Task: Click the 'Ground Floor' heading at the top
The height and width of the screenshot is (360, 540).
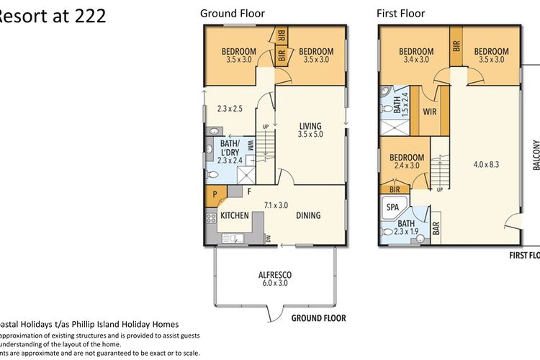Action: [x=232, y=13]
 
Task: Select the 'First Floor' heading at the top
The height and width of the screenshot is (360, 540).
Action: [x=401, y=13]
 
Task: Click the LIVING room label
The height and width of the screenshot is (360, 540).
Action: [x=310, y=127]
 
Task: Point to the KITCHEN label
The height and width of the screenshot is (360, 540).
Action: [x=235, y=215]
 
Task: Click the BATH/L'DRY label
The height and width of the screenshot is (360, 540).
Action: [x=228, y=145]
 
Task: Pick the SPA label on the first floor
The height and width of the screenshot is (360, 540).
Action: [x=393, y=207]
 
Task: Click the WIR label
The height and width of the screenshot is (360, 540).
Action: [x=430, y=112]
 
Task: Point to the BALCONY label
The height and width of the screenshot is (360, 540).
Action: [x=535, y=155]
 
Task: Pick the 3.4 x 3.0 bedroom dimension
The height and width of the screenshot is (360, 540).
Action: [x=416, y=60]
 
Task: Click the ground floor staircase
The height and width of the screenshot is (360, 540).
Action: [x=266, y=151]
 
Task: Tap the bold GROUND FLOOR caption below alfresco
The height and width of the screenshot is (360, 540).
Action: [x=318, y=318]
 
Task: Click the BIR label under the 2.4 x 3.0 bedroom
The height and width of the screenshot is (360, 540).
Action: [x=394, y=189]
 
